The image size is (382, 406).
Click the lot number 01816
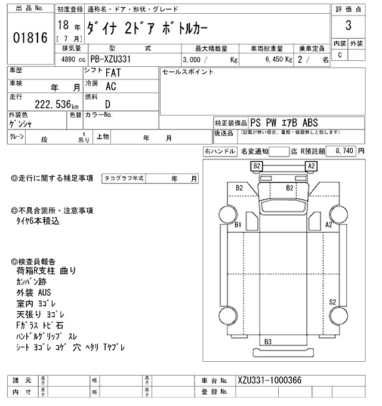tap(29, 38)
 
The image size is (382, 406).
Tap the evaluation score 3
tap(348, 27)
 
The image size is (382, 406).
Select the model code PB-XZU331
tap(116, 60)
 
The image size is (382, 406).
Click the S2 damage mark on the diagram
tap(333, 302)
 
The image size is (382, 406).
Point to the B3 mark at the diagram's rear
tap(268, 342)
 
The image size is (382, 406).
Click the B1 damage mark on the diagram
tap(237, 225)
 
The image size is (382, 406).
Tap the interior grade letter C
tap(340, 55)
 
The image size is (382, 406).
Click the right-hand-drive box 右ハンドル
tap(220, 152)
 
